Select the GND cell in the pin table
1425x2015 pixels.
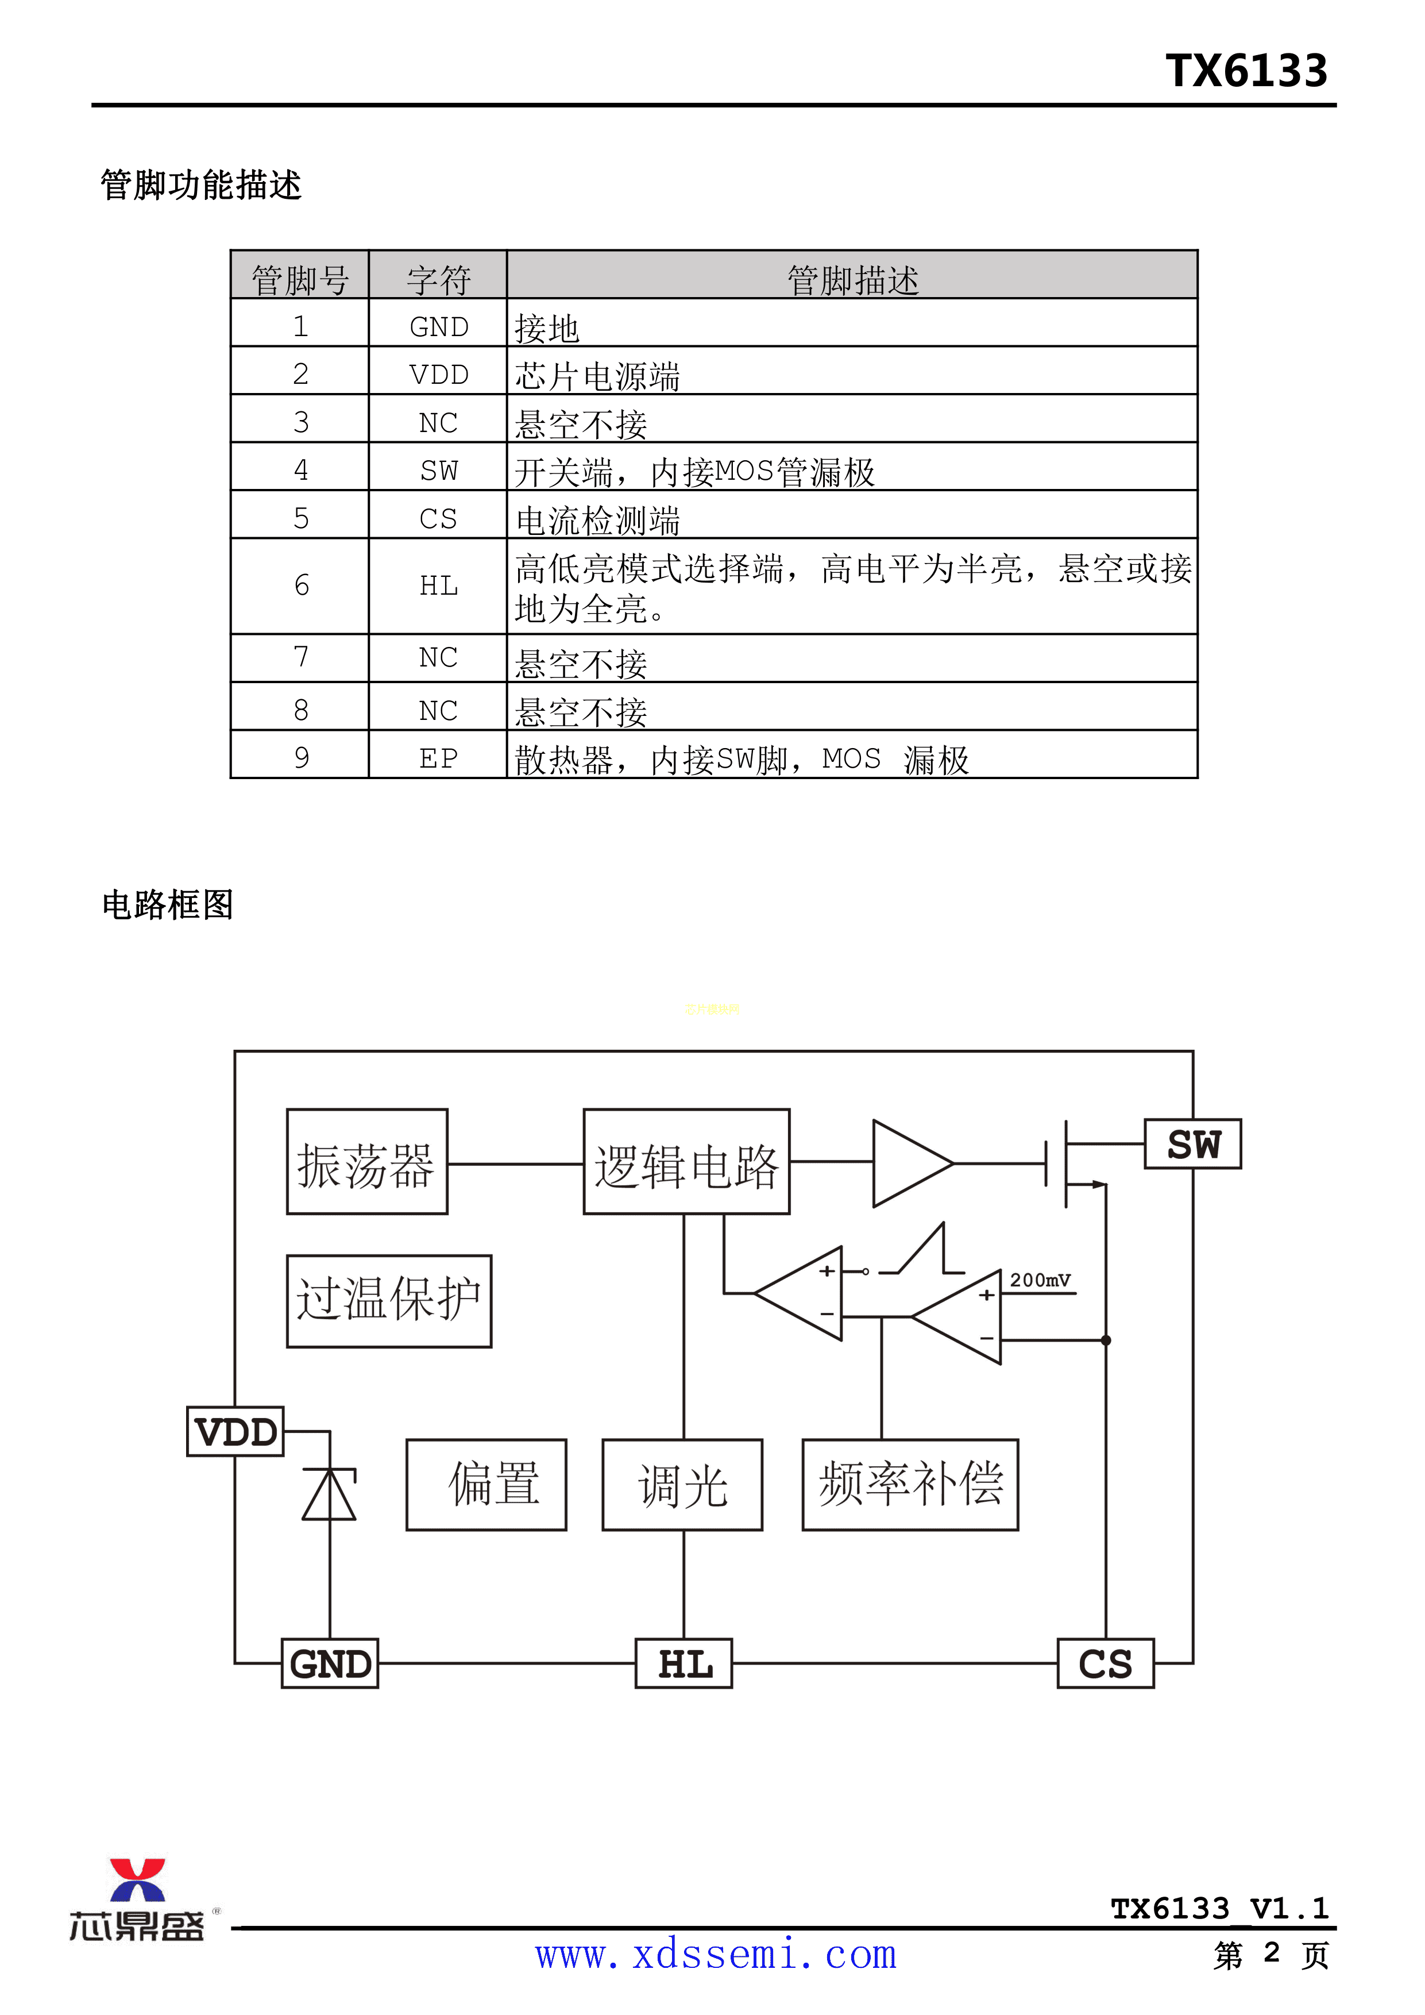click(x=439, y=326)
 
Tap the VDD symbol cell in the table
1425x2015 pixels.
click(x=439, y=375)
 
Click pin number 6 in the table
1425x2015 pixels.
click(x=301, y=585)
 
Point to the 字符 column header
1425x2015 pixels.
click(x=439, y=280)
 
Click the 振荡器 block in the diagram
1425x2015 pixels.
click(x=367, y=1162)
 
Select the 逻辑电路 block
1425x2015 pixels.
click(x=686, y=1162)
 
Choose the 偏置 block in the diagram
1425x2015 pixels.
click(x=486, y=1485)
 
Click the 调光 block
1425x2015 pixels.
click(x=683, y=1485)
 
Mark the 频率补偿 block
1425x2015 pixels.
click(x=910, y=1485)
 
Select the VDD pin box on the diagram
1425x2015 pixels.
click(x=235, y=1431)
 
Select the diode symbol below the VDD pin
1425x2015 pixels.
click(x=330, y=1494)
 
